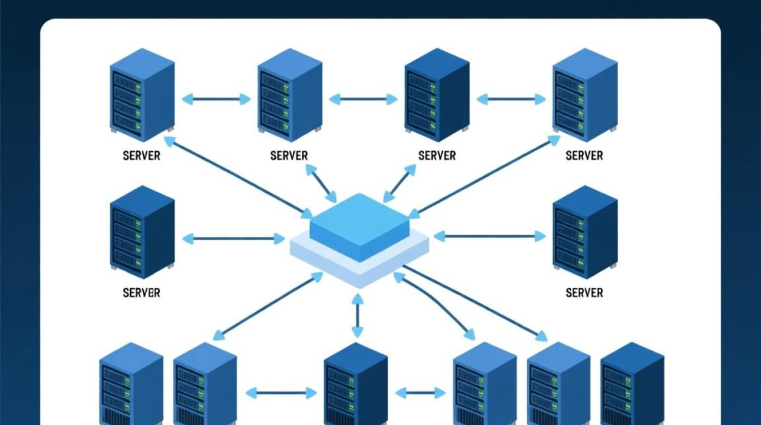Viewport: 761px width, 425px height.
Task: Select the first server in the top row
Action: click(x=142, y=95)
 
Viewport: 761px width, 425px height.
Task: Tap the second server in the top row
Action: click(x=289, y=95)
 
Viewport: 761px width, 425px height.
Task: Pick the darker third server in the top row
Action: click(x=437, y=95)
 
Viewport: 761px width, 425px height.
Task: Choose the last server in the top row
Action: click(x=584, y=95)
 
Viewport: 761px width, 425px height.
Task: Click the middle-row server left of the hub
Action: click(x=142, y=232)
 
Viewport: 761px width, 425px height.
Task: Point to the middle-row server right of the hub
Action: click(x=584, y=232)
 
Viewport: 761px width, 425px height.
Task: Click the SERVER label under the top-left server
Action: click(x=142, y=155)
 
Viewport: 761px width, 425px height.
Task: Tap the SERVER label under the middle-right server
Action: click(x=584, y=293)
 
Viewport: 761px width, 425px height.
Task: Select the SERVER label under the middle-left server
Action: click(x=142, y=293)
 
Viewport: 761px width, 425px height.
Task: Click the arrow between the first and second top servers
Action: click(x=216, y=99)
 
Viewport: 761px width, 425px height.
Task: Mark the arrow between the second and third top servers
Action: click(x=363, y=99)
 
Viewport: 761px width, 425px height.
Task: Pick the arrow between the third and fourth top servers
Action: click(x=511, y=99)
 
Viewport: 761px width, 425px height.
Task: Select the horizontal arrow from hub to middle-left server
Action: click(x=233, y=239)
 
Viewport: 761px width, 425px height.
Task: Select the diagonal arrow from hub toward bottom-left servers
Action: click(x=268, y=305)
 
